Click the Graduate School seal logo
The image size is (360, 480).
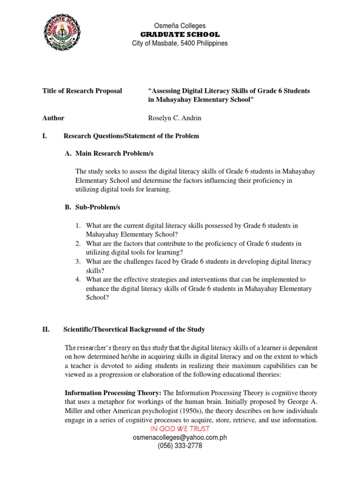coord(65,34)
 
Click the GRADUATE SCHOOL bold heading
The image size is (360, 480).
coord(180,34)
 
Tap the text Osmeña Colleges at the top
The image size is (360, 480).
coord(180,26)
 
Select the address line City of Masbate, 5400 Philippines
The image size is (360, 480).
coord(180,43)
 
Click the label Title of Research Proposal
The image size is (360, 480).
coord(82,90)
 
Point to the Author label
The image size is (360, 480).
coord(53,118)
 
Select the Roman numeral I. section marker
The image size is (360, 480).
coord(45,136)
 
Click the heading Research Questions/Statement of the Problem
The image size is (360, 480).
coord(131,136)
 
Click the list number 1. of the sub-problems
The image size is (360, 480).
coord(79,225)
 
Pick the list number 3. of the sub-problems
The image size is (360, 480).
coord(79,262)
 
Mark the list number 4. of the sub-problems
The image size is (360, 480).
coord(79,279)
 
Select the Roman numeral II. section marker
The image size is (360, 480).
coord(46,330)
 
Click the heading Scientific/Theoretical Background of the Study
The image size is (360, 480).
coord(134,330)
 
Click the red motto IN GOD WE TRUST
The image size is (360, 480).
coord(180,428)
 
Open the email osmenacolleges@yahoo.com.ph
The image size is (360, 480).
coord(180,437)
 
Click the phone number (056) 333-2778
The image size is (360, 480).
coord(180,446)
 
